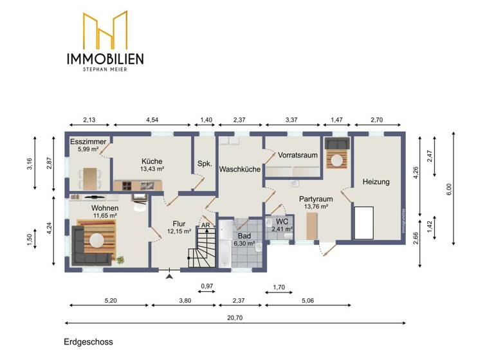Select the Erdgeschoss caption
click(88, 343)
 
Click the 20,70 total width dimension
click(235, 317)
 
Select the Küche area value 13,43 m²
click(153, 169)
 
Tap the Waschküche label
click(239, 170)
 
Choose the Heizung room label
click(376, 182)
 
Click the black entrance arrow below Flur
click(169, 276)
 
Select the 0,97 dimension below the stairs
click(206, 285)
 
